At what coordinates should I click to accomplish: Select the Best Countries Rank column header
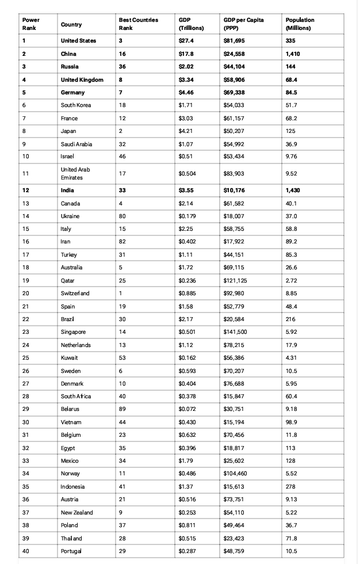click(138, 24)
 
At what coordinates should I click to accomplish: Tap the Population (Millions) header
click(300, 24)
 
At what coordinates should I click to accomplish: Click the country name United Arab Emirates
click(75, 173)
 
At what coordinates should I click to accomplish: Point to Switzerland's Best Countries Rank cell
click(121, 294)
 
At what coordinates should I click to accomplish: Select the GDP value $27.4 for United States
click(186, 41)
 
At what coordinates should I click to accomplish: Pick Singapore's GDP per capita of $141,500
click(235, 332)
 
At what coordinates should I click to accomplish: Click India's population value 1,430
click(292, 190)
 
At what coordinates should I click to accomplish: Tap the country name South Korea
click(76, 105)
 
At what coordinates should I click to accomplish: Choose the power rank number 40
click(25, 551)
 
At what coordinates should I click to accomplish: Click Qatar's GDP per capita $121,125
click(235, 281)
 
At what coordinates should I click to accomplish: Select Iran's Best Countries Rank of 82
click(122, 242)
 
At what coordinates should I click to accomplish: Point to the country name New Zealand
click(77, 513)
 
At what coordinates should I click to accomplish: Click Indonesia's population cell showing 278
click(290, 487)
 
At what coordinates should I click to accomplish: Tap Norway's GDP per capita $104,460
click(235, 474)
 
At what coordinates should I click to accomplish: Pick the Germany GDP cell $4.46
click(186, 93)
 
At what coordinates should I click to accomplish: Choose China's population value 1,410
click(292, 54)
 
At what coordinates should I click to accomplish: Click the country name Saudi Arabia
click(76, 144)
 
